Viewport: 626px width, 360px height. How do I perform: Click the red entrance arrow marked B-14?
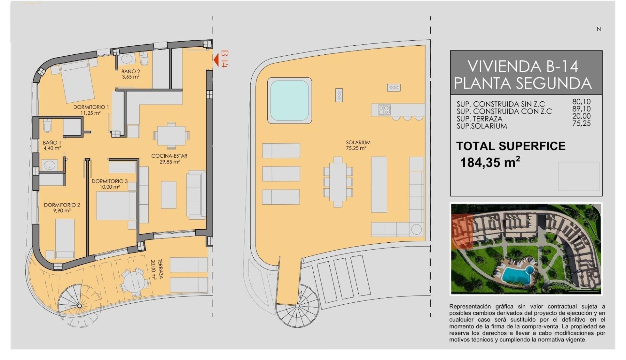[216, 59]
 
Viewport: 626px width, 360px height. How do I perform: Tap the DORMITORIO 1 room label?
[91, 110]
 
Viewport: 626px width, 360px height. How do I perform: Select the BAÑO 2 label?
[131, 74]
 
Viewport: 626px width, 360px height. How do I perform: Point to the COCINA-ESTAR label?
[169, 159]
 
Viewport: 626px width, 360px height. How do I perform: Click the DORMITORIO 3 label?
[110, 184]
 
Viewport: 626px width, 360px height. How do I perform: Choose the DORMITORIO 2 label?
[62, 208]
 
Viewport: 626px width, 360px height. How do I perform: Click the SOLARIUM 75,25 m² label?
[358, 145]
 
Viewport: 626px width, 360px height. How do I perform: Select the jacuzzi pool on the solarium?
[290, 100]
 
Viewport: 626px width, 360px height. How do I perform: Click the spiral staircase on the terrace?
[80, 306]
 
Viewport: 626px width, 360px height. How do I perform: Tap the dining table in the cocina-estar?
[171, 135]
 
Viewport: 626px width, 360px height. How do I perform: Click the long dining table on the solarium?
[338, 182]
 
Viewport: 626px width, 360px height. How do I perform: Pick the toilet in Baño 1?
[47, 125]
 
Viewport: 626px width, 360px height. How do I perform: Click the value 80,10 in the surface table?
[581, 102]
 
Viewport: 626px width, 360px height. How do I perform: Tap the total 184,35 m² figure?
[490, 162]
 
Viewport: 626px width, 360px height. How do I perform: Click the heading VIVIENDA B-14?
[523, 66]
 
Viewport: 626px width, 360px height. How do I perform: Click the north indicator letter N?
[599, 29]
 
